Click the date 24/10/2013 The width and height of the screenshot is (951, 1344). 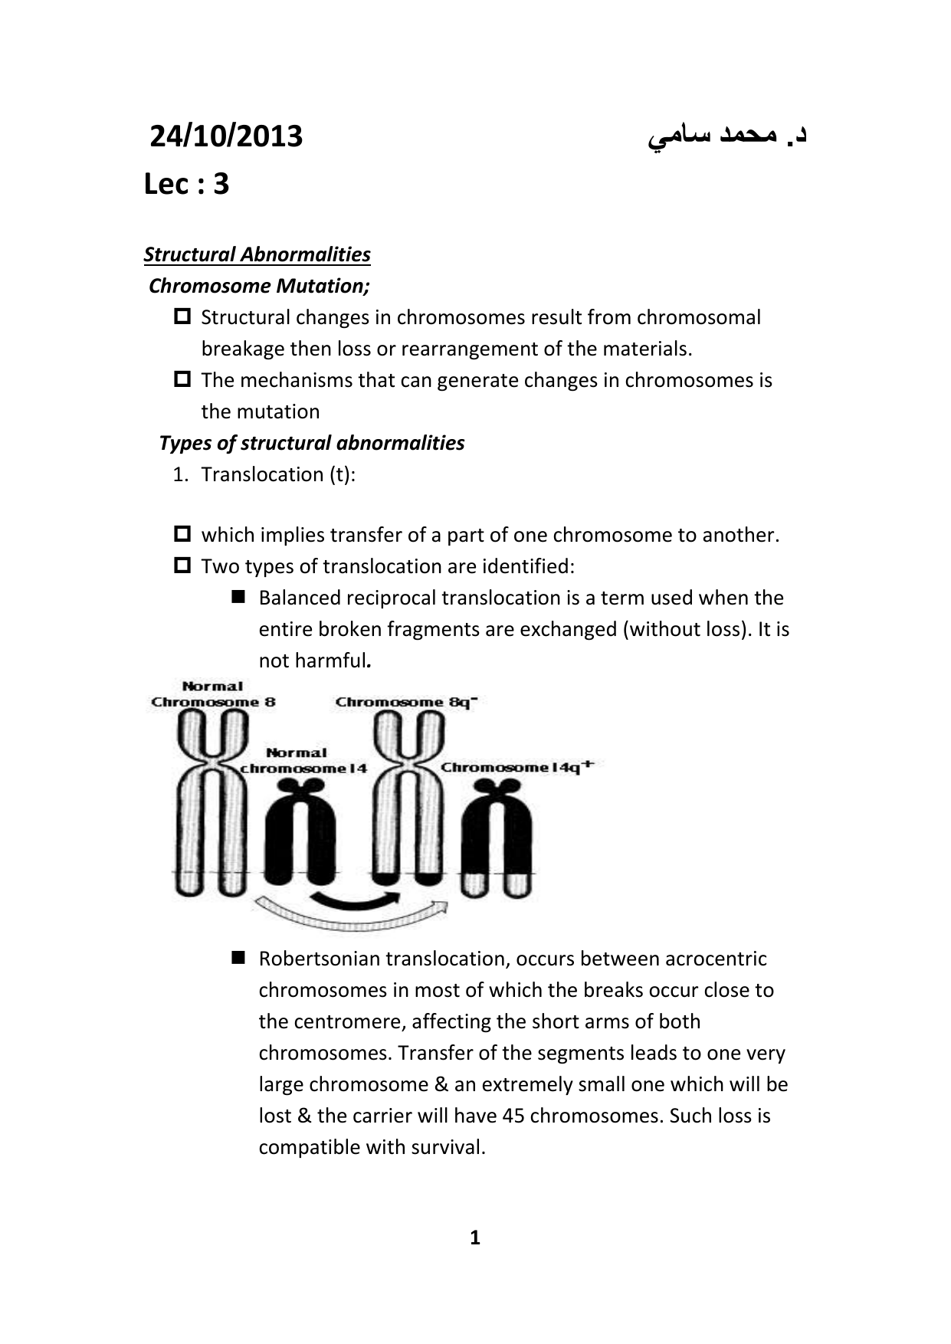click(226, 137)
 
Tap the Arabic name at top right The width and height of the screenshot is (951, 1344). click(727, 136)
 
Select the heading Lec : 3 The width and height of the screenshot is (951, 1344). click(186, 185)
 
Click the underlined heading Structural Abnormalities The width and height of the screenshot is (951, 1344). click(257, 254)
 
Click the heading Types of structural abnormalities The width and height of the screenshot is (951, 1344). click(311, 443)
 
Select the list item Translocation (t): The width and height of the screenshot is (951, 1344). click(277, 474)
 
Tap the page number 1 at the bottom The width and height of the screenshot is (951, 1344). click(474, 1237)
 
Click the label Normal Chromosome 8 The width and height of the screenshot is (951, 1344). click(213, 694)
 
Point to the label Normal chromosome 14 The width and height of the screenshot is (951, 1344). click(303, 761)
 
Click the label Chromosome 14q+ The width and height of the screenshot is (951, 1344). click(516, 767)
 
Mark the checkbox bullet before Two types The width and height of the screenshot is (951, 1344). click(182, 565)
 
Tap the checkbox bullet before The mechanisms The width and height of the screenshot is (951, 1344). click(182, 379)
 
